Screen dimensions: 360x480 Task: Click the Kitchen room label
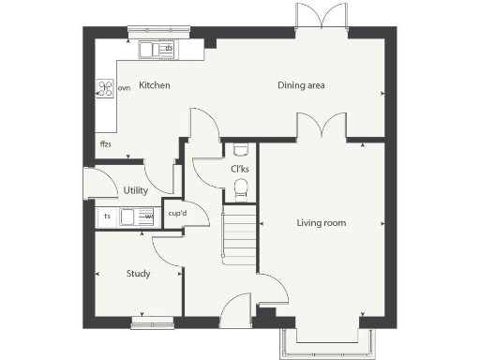click(x=154, y=85)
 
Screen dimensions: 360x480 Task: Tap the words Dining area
click(x=301, y=85)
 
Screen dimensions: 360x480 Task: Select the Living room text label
click(x=322, y=223)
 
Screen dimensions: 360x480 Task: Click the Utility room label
click(x=136, y=190)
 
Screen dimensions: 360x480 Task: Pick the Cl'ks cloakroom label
click(x=241, y=169)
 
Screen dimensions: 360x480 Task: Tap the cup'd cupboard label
click(x=175, y=214)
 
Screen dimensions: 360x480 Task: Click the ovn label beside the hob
click(x=124, y=89)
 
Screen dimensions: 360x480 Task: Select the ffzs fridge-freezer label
click(x=106, y=145)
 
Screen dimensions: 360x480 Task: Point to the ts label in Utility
click(x=107, y=217)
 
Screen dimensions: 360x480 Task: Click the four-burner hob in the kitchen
click(x=105, y=89)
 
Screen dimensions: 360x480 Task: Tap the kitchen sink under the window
click(x=156, y=49)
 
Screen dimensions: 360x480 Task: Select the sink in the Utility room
click(x=132, y=217)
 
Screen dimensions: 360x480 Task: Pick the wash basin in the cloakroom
click(x=240, y=148)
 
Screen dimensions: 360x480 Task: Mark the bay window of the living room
click(x=324, y=343)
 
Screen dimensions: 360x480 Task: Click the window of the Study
click(x=152, y=323)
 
